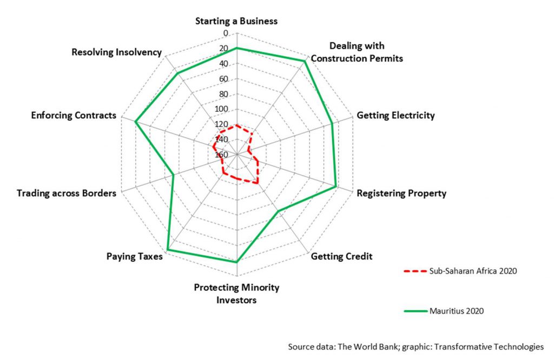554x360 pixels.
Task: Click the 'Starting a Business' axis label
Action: pos(236,21)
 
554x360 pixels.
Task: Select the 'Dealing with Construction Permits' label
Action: pos(357,52)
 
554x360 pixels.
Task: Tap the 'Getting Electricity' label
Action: pos(395,115)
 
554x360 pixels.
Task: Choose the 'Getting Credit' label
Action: pos(341,256)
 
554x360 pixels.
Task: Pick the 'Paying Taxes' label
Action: pos(134,257)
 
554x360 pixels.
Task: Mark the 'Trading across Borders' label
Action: pos(66,193)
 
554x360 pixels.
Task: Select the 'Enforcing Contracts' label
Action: pos(74,115)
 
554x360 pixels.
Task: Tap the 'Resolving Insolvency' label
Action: pos(116,52)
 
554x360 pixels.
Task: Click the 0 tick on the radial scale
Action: pos(226,34)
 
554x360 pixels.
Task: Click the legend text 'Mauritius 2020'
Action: pos(456,311)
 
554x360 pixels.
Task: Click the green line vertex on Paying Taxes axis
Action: pos(168,250)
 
